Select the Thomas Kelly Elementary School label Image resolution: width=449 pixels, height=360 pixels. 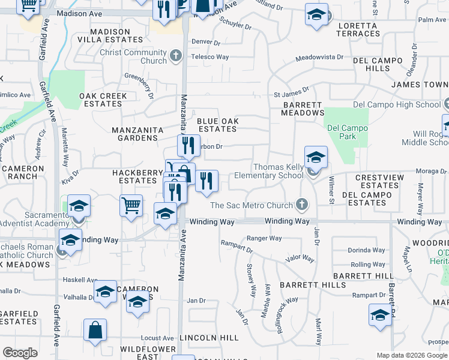[x=278, y=171]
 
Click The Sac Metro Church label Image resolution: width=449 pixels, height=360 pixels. [x=251, y=205]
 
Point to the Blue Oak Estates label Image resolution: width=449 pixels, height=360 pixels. [x=218, y=125]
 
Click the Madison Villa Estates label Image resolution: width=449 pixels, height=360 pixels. [x=116, y=35]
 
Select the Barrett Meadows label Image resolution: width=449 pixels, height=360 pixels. [x=304, y=109]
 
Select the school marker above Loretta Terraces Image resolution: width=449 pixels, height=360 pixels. [x=316, y=14]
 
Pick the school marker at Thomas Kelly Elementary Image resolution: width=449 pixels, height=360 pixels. [x=316, y=158]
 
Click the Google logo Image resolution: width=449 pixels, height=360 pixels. [x=20, y=353]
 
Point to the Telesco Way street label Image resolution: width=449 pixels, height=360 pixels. [x=210, y=57]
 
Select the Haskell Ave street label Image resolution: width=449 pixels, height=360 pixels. [x=80, y=280]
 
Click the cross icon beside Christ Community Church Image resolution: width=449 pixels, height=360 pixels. [x=176, y=56]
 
